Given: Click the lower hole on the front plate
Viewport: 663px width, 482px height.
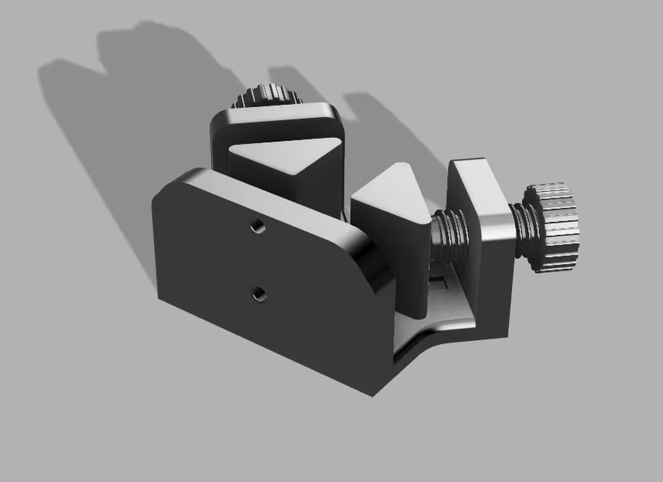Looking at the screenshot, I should pos(258,293).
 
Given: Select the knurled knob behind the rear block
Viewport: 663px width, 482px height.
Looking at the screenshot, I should pos(266,97).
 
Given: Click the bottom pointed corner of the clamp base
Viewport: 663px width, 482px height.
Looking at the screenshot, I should pos(375,394).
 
